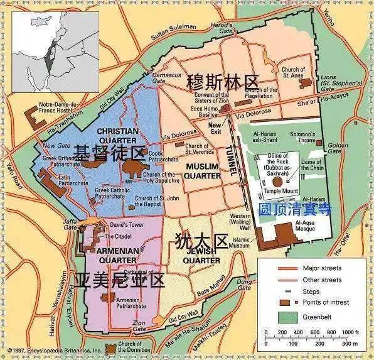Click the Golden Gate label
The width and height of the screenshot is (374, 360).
[338, 148]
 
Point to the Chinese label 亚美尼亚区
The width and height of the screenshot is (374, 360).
[119, 281]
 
